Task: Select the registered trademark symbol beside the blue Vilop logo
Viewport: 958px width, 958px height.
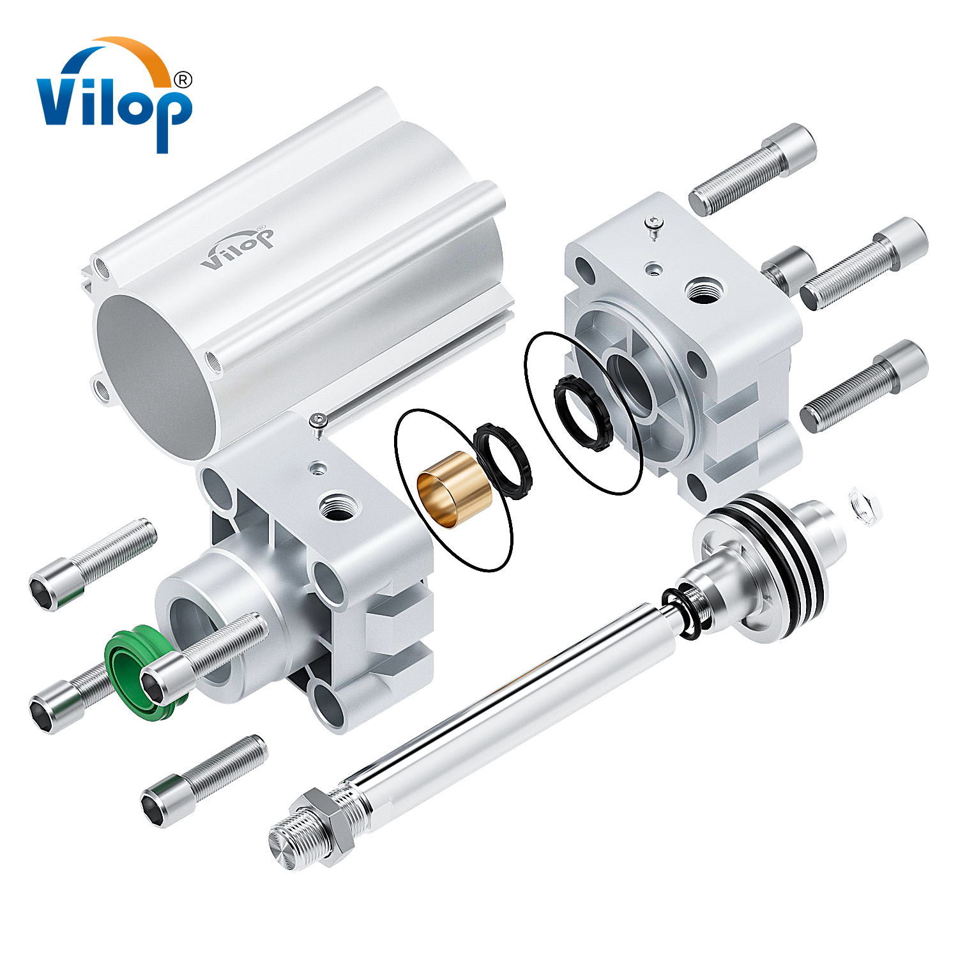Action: [x=183, y=80]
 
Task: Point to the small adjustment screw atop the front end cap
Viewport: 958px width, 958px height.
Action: [x=317, y=421]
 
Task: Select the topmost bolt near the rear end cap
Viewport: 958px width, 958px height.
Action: [x=754, y=169]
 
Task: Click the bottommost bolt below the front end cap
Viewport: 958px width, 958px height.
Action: [x=204, y=780]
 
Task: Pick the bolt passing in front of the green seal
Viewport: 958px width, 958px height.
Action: [x=204, y=658]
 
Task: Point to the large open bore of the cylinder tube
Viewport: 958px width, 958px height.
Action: [x=153, y=377]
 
